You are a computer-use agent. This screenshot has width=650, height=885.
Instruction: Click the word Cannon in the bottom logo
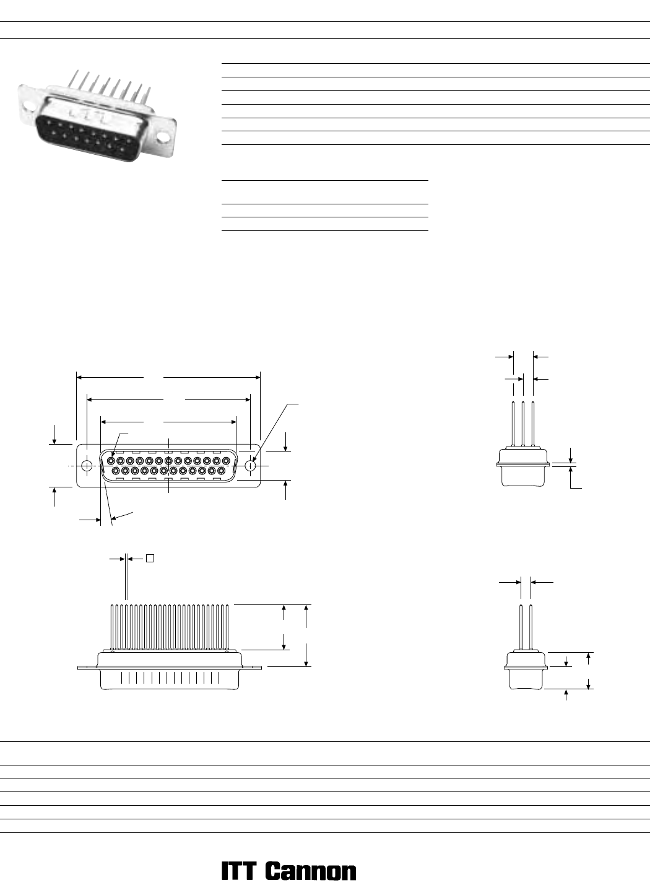coord(310,872)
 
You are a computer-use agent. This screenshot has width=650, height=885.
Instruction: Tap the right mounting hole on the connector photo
coord(162,137)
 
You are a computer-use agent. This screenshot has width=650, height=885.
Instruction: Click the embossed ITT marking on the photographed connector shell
coord(92,112)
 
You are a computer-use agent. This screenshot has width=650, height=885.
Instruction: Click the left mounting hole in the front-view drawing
coord(87,466)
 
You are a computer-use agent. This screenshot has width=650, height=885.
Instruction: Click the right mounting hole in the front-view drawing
coord(250,466)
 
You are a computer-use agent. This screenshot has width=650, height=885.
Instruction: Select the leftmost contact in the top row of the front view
coord(111,461)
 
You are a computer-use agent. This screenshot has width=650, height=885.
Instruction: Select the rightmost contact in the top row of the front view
coord(227,461)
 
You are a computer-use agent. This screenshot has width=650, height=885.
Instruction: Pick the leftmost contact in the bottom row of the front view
coord(116,471)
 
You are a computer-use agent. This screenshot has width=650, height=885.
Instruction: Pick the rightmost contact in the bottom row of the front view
coord(222,471)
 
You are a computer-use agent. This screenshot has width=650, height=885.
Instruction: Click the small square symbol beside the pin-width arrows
coord(150,558)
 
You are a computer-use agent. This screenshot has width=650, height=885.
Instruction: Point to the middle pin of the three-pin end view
coord(523,424)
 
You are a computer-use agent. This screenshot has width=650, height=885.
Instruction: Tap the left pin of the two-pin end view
coord(521,627)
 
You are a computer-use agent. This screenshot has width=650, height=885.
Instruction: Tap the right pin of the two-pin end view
coord(531,627)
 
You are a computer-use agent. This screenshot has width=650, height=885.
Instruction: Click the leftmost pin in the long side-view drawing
coord(112,627)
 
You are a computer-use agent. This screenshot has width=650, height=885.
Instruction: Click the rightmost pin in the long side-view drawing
coord(227,627)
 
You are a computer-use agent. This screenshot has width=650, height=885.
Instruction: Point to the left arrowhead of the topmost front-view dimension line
coord(79,377)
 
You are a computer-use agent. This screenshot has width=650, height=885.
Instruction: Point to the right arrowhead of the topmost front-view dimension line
coord(258,377)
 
